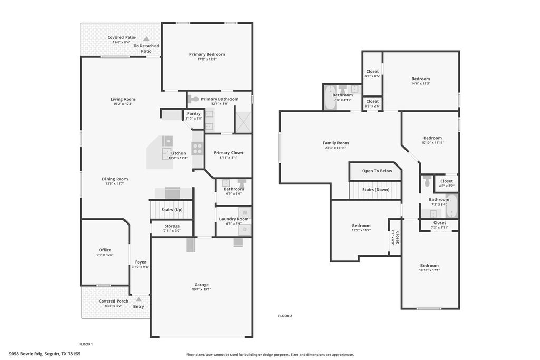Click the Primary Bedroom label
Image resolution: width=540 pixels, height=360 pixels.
tap(207, 54)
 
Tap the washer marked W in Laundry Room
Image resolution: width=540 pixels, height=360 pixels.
tap(245, 213)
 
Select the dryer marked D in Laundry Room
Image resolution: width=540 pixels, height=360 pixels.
tap(245, 230)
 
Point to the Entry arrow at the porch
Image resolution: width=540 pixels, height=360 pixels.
tap(139, 299)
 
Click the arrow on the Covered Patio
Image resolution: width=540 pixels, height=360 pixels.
tap(147, 39)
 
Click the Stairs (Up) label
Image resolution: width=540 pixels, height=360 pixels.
tap(172, 210)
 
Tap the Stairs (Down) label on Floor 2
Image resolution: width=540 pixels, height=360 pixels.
tap(375, 190)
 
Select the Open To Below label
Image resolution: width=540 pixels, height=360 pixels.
tap(377, 171)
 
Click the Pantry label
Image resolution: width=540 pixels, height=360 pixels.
tap(194, 113)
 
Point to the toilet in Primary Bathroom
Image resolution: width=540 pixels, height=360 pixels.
tap(194, 99)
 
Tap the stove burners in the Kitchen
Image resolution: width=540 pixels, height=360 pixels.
tap(197, 149)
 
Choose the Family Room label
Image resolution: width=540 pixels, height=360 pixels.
tap(335, 143)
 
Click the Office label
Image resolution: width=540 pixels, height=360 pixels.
tap(105, 250)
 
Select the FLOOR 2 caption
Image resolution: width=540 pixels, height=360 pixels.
tap(285, 316)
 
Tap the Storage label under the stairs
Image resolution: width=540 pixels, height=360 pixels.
tap(171, 226)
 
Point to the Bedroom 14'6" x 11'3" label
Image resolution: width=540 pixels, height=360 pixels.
tap(420, 79)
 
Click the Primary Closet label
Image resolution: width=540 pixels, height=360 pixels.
tap(228, 153)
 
